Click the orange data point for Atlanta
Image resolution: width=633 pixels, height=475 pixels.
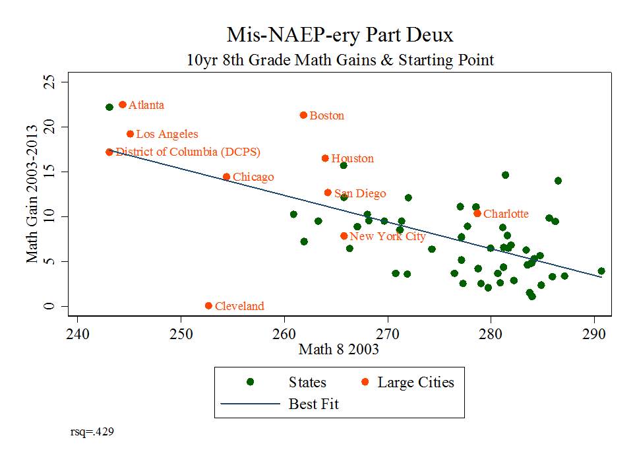pos(122,105)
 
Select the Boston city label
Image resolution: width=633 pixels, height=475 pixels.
pos(326,116)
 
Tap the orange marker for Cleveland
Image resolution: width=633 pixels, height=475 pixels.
pos(208,306)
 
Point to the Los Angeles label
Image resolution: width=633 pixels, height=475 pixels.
pos(167,135)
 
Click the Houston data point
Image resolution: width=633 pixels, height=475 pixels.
pos(325,158)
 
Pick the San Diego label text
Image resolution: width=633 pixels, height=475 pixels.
pos(360,194)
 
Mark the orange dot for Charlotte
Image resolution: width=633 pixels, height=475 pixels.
pos(477,213)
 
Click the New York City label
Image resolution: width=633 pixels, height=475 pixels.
pos(388,237)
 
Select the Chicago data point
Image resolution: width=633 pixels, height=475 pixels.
pos(226,177)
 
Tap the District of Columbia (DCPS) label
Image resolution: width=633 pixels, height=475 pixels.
pos(188,152)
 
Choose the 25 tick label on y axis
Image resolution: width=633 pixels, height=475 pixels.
pos(47,82)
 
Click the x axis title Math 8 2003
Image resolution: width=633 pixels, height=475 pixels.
pos(339,350)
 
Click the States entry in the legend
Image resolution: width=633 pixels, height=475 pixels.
pos(307,383)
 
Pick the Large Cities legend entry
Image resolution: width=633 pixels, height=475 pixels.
pos(415,383)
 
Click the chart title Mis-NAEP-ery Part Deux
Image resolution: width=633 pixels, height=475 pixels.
pos(340,34)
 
